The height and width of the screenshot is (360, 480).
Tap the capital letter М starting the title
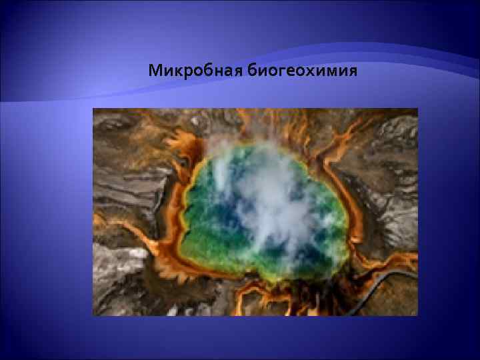click(155, 70)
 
